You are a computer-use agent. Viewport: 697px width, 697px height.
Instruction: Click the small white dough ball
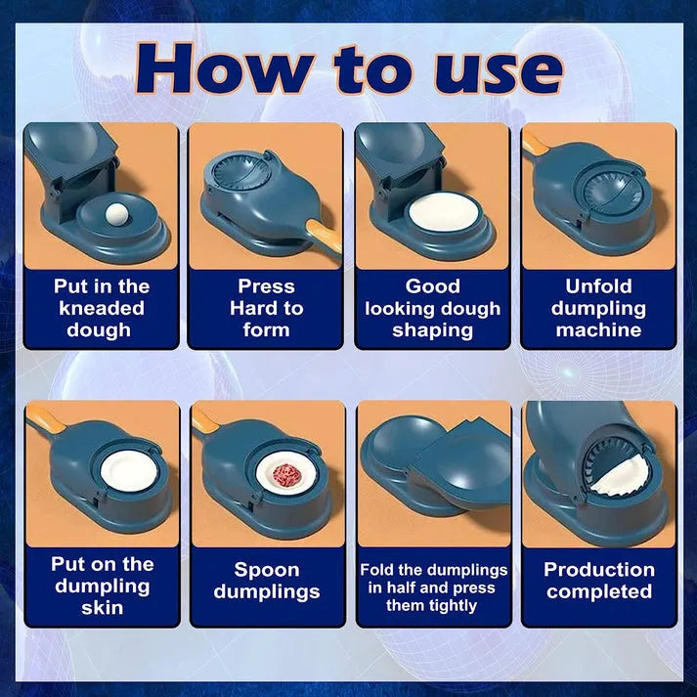tap(117, 209)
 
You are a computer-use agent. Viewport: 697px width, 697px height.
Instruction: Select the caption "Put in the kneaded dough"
tap(101, 308)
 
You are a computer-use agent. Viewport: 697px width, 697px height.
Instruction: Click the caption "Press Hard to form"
tap(266, 308)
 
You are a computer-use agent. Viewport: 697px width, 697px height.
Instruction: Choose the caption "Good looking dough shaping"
tap(432, 308)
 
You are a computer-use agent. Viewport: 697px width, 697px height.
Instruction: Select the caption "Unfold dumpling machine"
tap(598, 308)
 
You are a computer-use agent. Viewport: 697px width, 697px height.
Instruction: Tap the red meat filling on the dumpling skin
tap(287, 476)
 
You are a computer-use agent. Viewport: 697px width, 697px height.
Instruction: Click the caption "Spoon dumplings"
tap(265, 581)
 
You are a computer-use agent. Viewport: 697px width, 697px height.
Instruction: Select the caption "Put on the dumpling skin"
tap(102, 586)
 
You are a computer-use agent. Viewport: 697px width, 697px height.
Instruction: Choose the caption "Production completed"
tap(598, 581)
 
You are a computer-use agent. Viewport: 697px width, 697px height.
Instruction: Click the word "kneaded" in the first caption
tap(101, 308)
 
